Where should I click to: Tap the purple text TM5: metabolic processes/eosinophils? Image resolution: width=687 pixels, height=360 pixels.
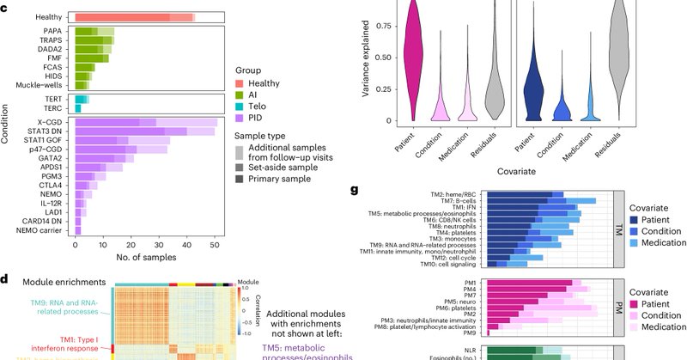pyautogui.click(x=306, y=351)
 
